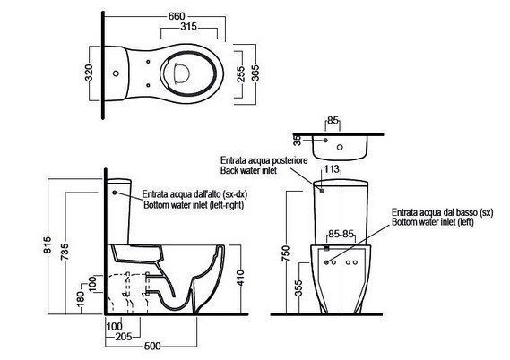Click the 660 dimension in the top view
177,16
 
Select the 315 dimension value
189,27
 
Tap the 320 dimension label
89,73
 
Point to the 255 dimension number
241,74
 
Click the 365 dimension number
255,73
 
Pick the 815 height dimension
48,244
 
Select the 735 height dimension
65,252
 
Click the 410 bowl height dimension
240,279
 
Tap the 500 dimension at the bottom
152,346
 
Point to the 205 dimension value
124,337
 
